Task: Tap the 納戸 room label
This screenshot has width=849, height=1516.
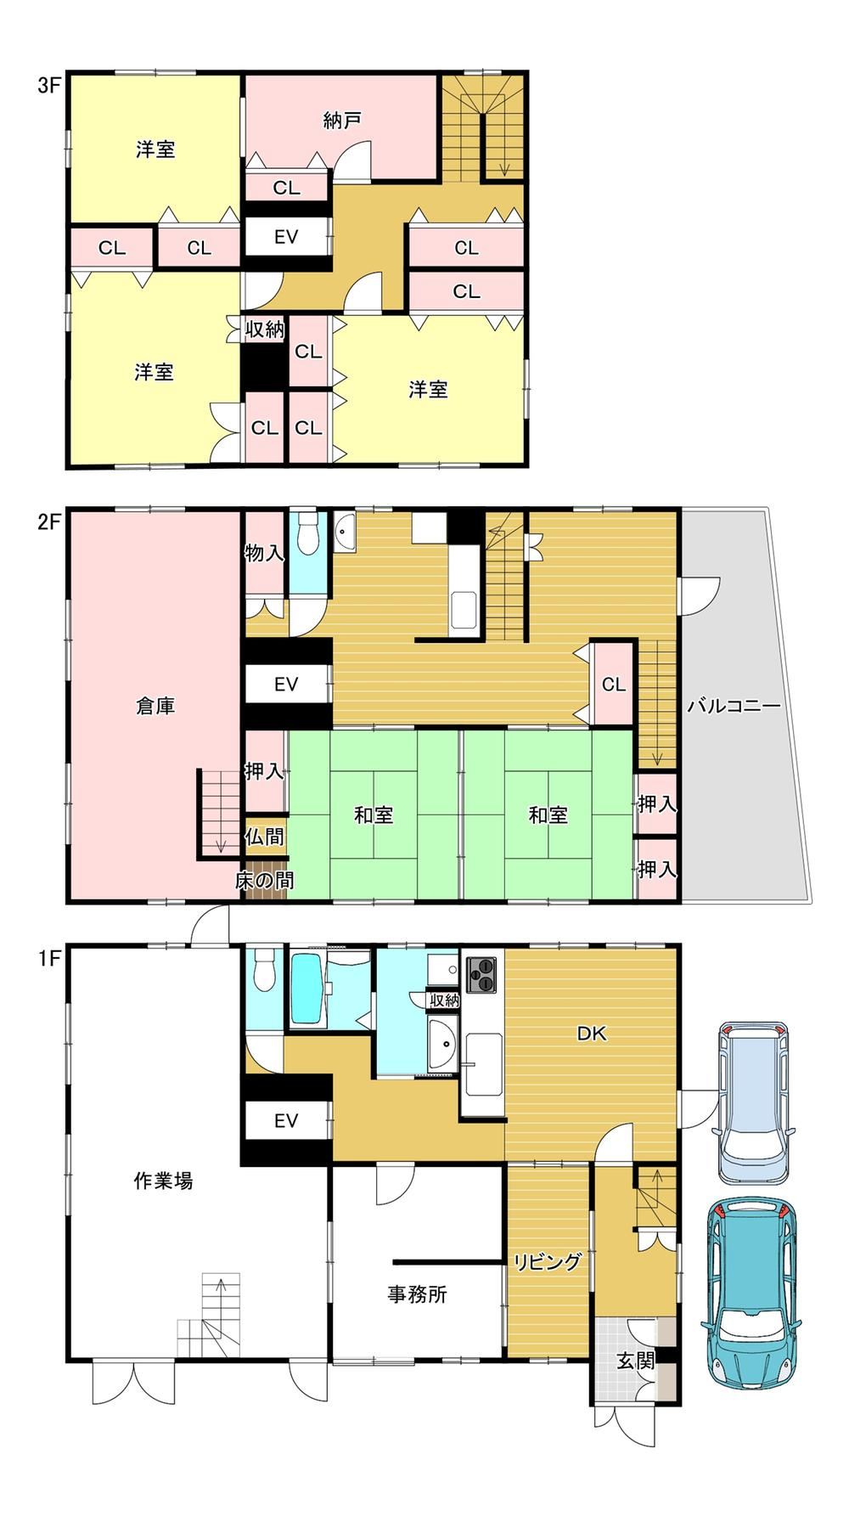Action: (x=342, y=121)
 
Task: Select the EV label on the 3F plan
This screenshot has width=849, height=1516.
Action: (x=286, y=237)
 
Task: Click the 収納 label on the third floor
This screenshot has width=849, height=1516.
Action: (x=265, y=329)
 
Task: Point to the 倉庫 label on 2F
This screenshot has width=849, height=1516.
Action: (x=155, y=706)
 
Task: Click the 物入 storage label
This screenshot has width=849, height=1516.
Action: (x=264, y=553)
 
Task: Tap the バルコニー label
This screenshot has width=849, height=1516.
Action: (x=734, y=705)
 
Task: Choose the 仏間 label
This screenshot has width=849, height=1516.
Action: (x=265, y=837)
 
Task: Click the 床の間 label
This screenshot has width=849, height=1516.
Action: (x=265, y=881)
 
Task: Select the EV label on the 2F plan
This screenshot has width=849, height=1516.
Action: (x=286, y=684)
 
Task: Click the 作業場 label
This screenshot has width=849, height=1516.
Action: (x=163, y=1181)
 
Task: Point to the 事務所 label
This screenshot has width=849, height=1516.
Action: (x=417, y=1294)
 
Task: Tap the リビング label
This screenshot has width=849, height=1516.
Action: (x=548, y=1262)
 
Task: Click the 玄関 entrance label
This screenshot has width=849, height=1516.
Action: (x=636, y=1361)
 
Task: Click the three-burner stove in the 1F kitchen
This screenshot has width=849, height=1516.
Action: (x=481, y=973)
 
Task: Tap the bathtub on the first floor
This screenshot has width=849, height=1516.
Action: (x=306, y=989)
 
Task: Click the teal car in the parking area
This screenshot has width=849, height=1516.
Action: (x=751, y=1292)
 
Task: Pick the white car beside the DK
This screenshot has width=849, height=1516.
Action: (x=756, y=1102)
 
